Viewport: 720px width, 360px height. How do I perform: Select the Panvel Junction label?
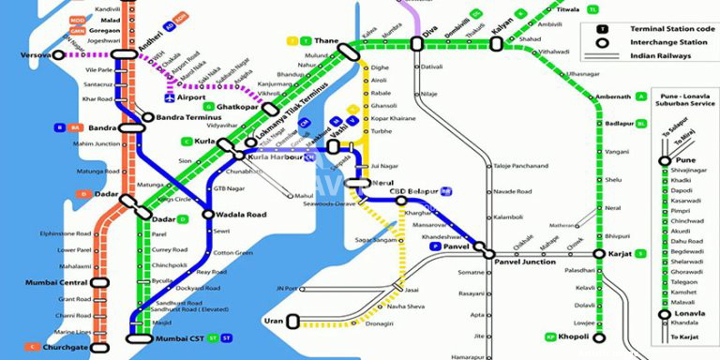(525, 262)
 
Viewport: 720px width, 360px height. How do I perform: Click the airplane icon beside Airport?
(169, 97)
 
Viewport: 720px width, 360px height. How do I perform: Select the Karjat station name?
(619, 253)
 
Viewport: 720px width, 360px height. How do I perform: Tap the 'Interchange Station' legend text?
(667, 43)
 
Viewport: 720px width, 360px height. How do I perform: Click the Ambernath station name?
(614, 97)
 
